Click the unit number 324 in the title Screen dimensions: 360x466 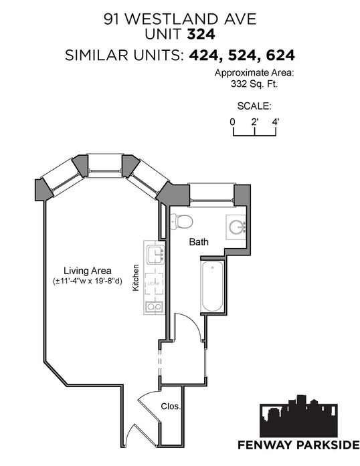pyautogui.click(x=201, y=34)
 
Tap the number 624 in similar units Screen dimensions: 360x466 pyautogui.click(x=280, y=55)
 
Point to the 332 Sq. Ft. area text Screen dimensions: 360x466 pyautogui.click(x=254, y=84)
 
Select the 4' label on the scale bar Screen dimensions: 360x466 pyautogui.click(x=276, y=122)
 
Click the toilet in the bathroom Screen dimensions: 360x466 pyautogui.click(x=182, y=222)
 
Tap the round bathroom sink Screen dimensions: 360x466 pyautogui.click(x=237, y=227)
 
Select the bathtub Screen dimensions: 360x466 pyautogui.click(x=213, y=287)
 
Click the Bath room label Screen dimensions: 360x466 pyautogui.click(x=199, y=242)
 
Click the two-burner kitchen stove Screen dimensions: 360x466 pyautogui.click(x=155, y=306)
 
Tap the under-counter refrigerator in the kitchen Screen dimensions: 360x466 pyautogui.click(x=154, y=283)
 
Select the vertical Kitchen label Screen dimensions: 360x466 pyautogui.click(x=136, y=277)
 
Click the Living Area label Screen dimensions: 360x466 pyautogui.click(x=88, y=271)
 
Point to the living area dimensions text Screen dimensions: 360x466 pyautogui.click(x=88, y=281)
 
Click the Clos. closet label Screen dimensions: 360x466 pyautogui.click(x=171, y=406)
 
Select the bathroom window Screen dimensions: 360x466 pyautogui.click(x=212, y=195)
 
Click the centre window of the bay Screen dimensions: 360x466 pyautogui.click(x=105, y=166)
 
